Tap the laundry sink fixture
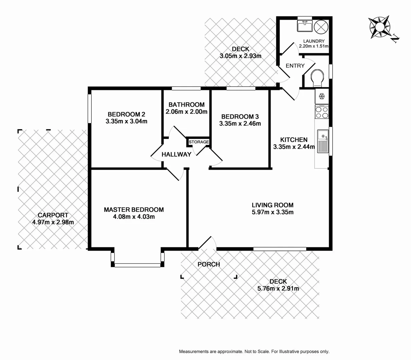click(x=305, y=26)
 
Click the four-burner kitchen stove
click(x=322, y=112)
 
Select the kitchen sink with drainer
click(x=323, y=141)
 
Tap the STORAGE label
click(x=199, y=142)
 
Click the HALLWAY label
click(x=176, y=154)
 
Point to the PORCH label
click(x=209, y=264)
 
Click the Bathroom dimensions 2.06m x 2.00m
click(x=186, y=112)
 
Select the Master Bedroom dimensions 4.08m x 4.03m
click(x=134, y=217)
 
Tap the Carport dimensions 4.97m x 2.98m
click(x=53, y=222)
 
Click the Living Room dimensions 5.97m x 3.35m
click(x=273, y=212)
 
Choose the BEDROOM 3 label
click(x=240, y=116)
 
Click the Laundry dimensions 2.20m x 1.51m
click(x=314, y=46)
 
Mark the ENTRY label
click(x=295, y=66)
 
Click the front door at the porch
click(x=208, y=243)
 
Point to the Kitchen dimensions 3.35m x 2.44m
click(x=294, y=147)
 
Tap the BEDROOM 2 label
click(x=126, y=114)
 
